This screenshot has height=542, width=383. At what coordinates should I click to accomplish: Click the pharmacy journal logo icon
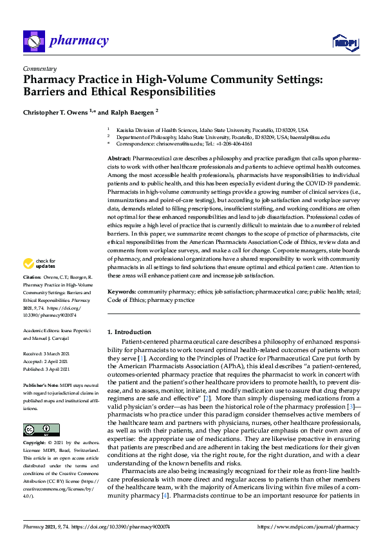point(33,41)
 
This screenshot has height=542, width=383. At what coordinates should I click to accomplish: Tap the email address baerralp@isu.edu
point(310,137)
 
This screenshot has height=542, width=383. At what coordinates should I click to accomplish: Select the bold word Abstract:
point(120,158)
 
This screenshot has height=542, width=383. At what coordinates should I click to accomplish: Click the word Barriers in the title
point(47,91)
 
